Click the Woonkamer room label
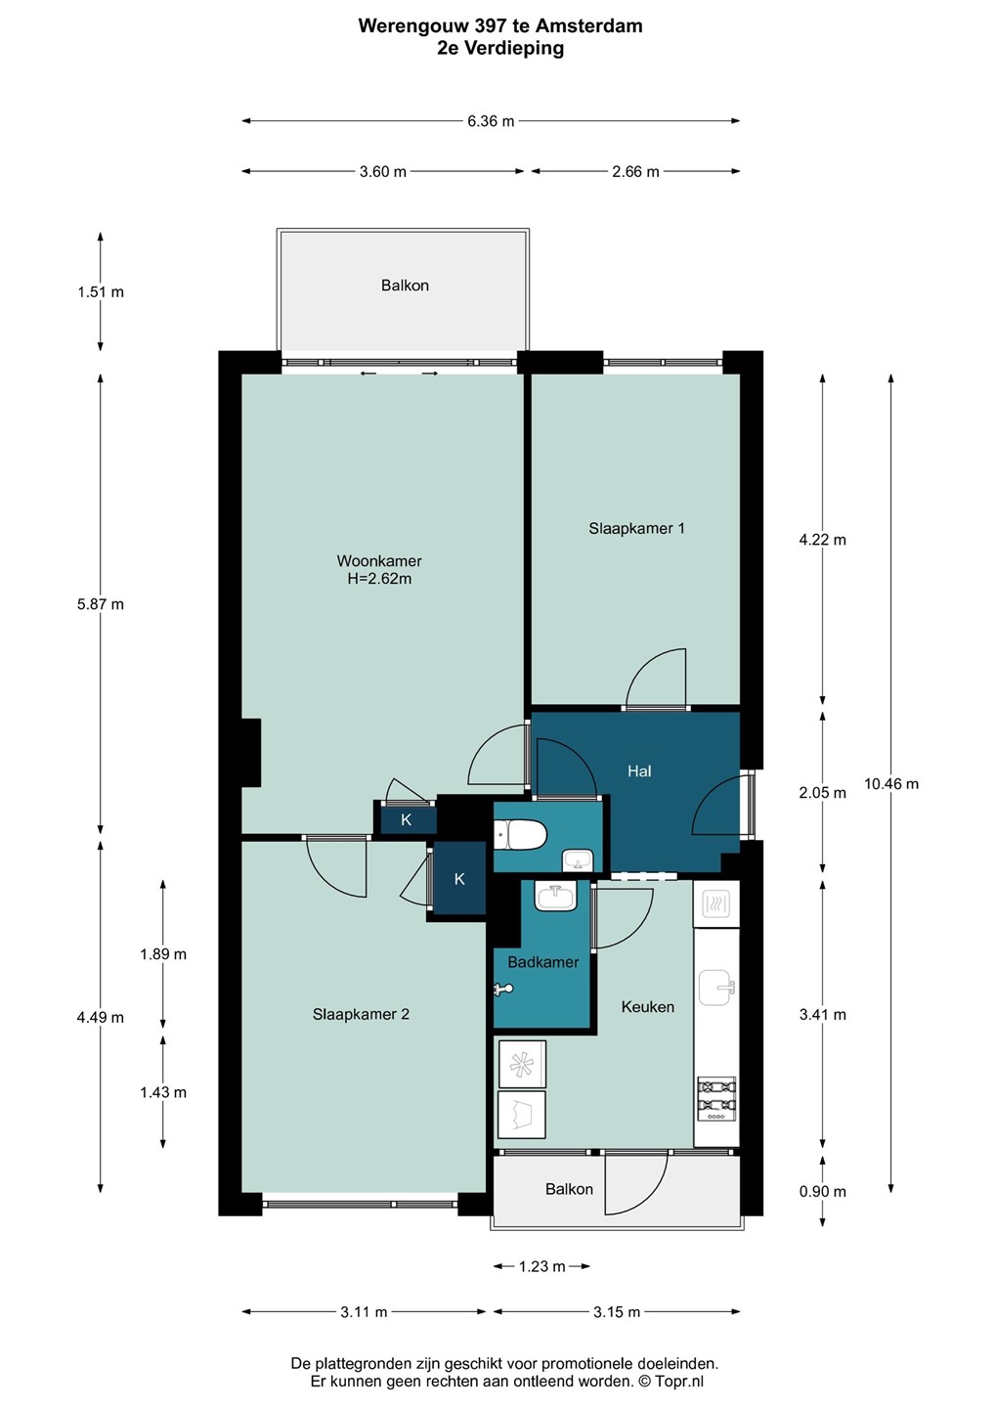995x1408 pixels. [x=379, y=560]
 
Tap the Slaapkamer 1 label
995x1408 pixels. [x=636, y=528]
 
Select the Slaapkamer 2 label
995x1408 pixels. [x=361, y=1014]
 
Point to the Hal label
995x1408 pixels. [x=639, y=770]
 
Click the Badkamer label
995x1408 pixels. [x=543, y=962]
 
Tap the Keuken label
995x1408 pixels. [x=648, y=1006]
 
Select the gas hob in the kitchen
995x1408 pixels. [x=716, y=1098]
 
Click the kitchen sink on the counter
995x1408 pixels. [x=716, y=988]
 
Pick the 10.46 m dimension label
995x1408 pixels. [x=890, y=783]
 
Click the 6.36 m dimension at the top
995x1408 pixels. [x=491, y=120]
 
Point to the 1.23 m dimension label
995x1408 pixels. [x=541, y=1266]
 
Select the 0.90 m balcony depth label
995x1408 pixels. [x=822, y=1191]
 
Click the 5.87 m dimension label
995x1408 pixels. [x=101, y=604]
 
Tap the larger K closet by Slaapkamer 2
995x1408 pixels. [x=459, y=879]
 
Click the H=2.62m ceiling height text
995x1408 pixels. [x=379, y=578]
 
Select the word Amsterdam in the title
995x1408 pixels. [x=589, y=25]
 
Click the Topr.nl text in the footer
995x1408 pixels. [x=678, y=1381]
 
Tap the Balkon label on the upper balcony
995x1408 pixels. [x=405, y=285]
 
